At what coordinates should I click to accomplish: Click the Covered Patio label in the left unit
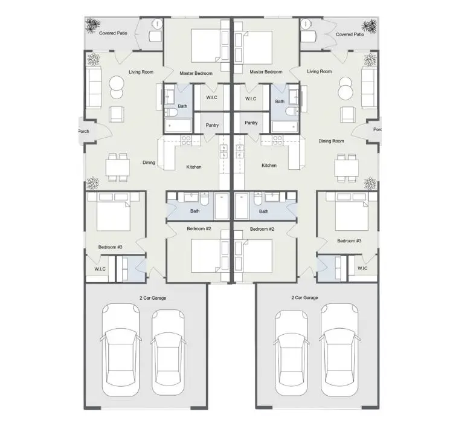[x=113, y=33]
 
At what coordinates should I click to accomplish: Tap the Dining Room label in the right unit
[x=331, y=141]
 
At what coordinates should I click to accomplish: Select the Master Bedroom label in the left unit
[x=196, y=73]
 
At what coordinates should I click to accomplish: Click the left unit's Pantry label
[x=212, y=125]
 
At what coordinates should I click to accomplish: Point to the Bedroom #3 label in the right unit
[x=349, y=241]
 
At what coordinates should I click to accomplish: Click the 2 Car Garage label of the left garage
[x=153, y=298]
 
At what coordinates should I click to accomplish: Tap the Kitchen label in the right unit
[x=269, y=166]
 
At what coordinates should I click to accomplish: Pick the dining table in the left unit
[x=118, y=167]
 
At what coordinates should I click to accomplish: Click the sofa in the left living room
[x=94, y=88]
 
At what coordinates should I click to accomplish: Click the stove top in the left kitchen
[x=186, y=140]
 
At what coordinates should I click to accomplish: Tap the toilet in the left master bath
[x=171, y=113]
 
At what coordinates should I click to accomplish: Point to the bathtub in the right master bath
[x=285, y=127]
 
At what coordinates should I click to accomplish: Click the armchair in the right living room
[x=347, y=114]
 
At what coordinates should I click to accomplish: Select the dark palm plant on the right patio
[x=369, y=27]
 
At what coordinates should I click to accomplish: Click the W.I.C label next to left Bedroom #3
[x=100, y=269]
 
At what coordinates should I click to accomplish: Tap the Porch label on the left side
[x=83, y=131]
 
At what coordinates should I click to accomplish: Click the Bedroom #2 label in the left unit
[x=199, y=228]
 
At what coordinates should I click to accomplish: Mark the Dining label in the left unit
[x=149, y=163]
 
